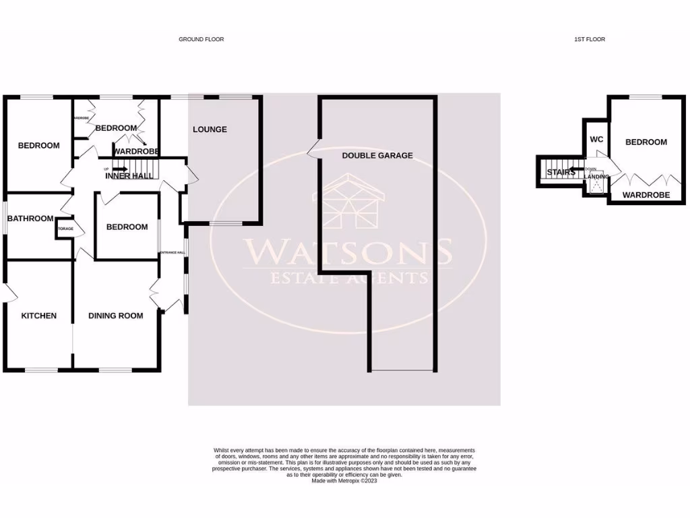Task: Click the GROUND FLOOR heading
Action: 201,40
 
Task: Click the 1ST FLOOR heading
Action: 589,40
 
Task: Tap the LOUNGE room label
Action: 210,129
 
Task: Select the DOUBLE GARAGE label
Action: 377,156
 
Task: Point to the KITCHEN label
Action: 38,316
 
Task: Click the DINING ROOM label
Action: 116,316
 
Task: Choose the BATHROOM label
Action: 30,219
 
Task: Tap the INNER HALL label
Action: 129,176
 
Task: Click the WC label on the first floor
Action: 596,140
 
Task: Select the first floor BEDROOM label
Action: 646,142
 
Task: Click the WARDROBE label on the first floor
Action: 646,195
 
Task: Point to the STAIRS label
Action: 561,173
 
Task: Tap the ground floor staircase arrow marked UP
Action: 119,169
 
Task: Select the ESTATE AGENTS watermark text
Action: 348,278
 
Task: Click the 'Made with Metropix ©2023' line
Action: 344,481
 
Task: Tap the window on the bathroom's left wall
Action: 4,219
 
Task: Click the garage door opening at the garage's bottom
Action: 403,370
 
